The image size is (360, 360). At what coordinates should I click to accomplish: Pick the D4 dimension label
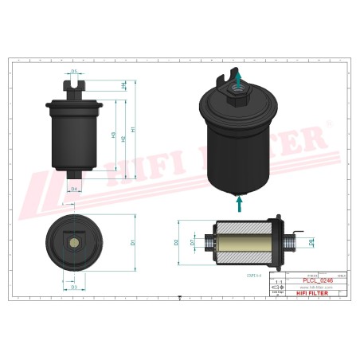tap(73, 189)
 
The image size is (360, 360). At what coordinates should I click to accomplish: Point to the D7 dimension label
tap(192, 240)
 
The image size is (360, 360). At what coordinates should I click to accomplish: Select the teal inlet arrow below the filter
tap(238, 203)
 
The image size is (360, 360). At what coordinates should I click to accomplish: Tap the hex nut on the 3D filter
tap(237, 101)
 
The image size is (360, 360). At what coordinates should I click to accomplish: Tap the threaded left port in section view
tap(209, 240)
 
